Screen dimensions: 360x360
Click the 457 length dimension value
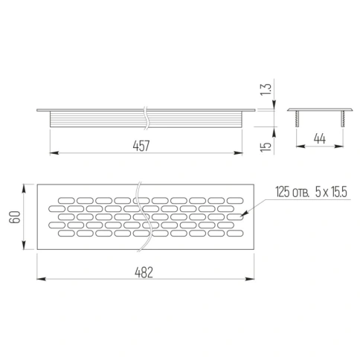tap(141, 146)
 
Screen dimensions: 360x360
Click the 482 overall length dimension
tap(144, 272)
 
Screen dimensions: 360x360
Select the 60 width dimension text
tap(15, 217)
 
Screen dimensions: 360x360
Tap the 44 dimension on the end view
tap(320, 138)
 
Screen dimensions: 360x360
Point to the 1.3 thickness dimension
tap(266, 89)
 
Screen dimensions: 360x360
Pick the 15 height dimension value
tap(266, 147)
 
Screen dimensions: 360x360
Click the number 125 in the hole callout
tap(283, 192)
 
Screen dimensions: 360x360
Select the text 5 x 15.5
tap(331, 192)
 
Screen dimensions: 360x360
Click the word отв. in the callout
tap(300, 193)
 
